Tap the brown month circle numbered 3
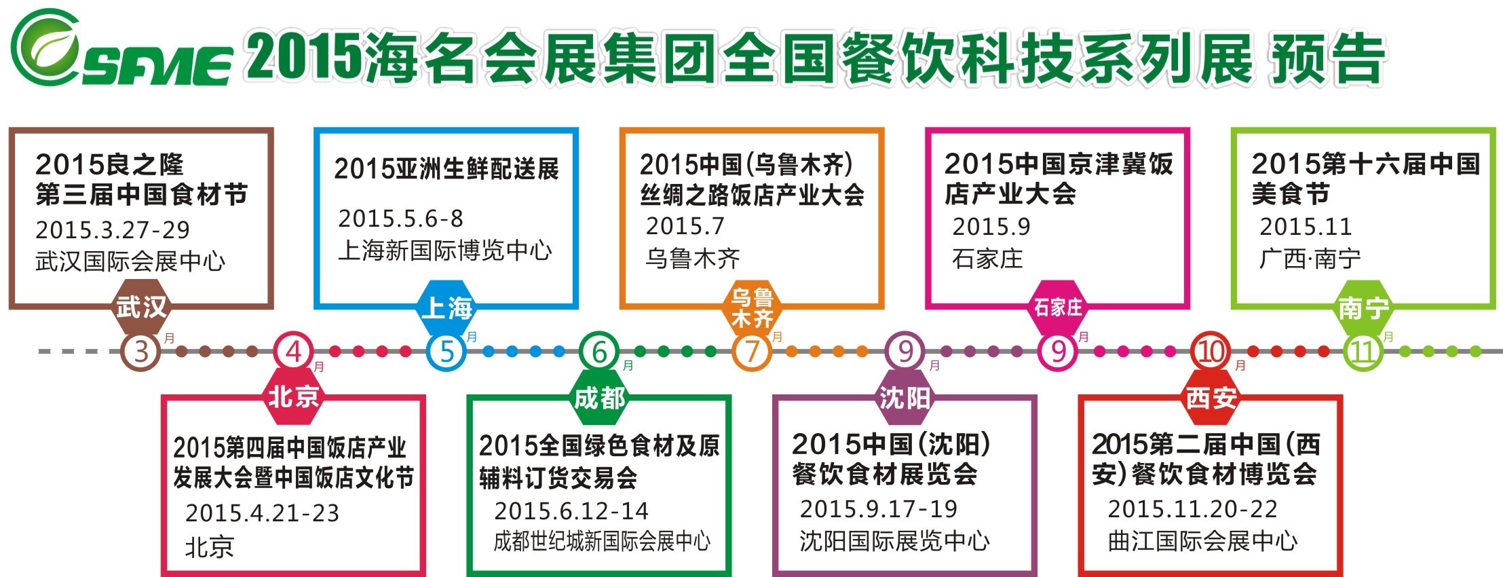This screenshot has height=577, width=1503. pos(140,352)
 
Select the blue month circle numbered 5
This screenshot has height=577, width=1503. pos(446,352)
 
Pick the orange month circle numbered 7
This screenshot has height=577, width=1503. pos(752,352)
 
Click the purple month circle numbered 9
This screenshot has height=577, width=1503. pos(905,352)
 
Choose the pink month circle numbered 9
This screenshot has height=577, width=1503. pos(1058,352)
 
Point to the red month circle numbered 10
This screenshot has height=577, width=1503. pos(1211,352)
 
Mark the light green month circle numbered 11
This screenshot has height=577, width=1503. pos(1363,352)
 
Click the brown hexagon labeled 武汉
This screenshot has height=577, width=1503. pos(140,308)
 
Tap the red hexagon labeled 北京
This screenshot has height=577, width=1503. pos(293,396)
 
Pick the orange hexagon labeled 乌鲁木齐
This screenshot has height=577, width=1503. pos(752,308)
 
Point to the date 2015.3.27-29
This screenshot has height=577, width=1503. pos(113,230)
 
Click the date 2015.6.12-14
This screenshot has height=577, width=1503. pos(571,511)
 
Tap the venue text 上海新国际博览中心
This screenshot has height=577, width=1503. pos(445,250)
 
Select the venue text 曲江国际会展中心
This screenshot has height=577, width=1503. pos(1202,541)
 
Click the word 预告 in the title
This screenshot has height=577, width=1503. pos(1327,60)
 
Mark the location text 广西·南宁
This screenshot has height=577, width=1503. pos(1310,259)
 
